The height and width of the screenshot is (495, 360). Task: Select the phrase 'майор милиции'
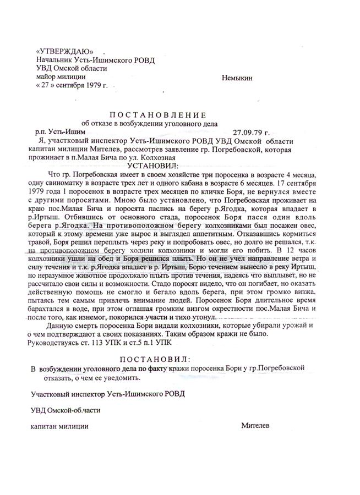tap(58, 78)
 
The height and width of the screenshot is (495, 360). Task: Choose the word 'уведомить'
tap(116, 378)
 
